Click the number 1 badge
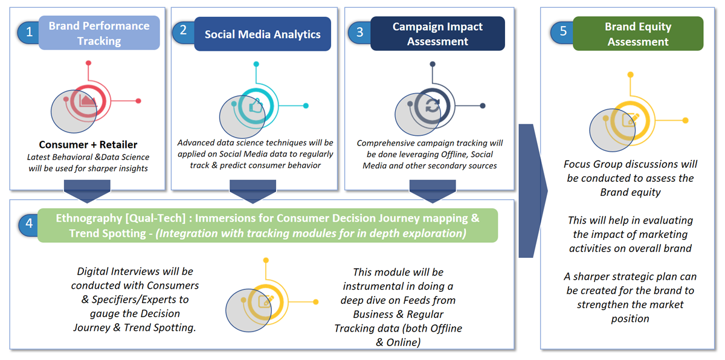pos(29,33)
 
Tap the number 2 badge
pos(183,30)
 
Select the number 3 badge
pos(359,33)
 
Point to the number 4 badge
pos(29,223)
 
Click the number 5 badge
pos(563,31)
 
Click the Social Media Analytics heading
pos(262,34)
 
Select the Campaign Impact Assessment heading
pos(437,34)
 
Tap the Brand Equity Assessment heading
pos(638,34)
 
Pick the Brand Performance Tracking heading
pos(99,33)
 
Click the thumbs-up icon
pos(256,106)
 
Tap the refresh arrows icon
pos(433,106)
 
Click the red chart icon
pos(88,100)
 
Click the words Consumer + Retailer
pos(88,144)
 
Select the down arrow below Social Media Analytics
pos(253,191)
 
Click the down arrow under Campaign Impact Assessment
pos(433,191)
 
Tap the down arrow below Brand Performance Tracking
pos(87,191)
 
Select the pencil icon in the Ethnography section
pos(266,301)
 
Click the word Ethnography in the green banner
pos(88,218)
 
